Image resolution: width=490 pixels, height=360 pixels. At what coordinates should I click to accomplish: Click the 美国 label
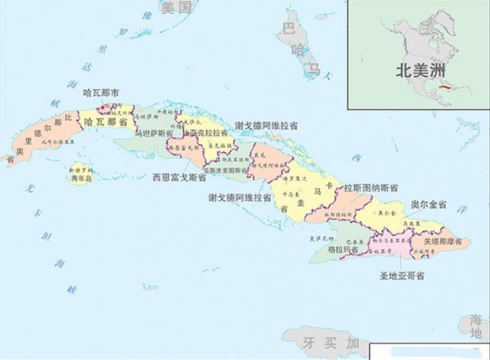point(176,8)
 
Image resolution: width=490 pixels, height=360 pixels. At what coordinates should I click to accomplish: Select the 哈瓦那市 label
point(102,93)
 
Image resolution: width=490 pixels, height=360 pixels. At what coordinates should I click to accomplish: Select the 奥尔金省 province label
point(427,202)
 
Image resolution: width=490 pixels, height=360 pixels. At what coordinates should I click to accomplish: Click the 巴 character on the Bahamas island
point(287,28)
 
